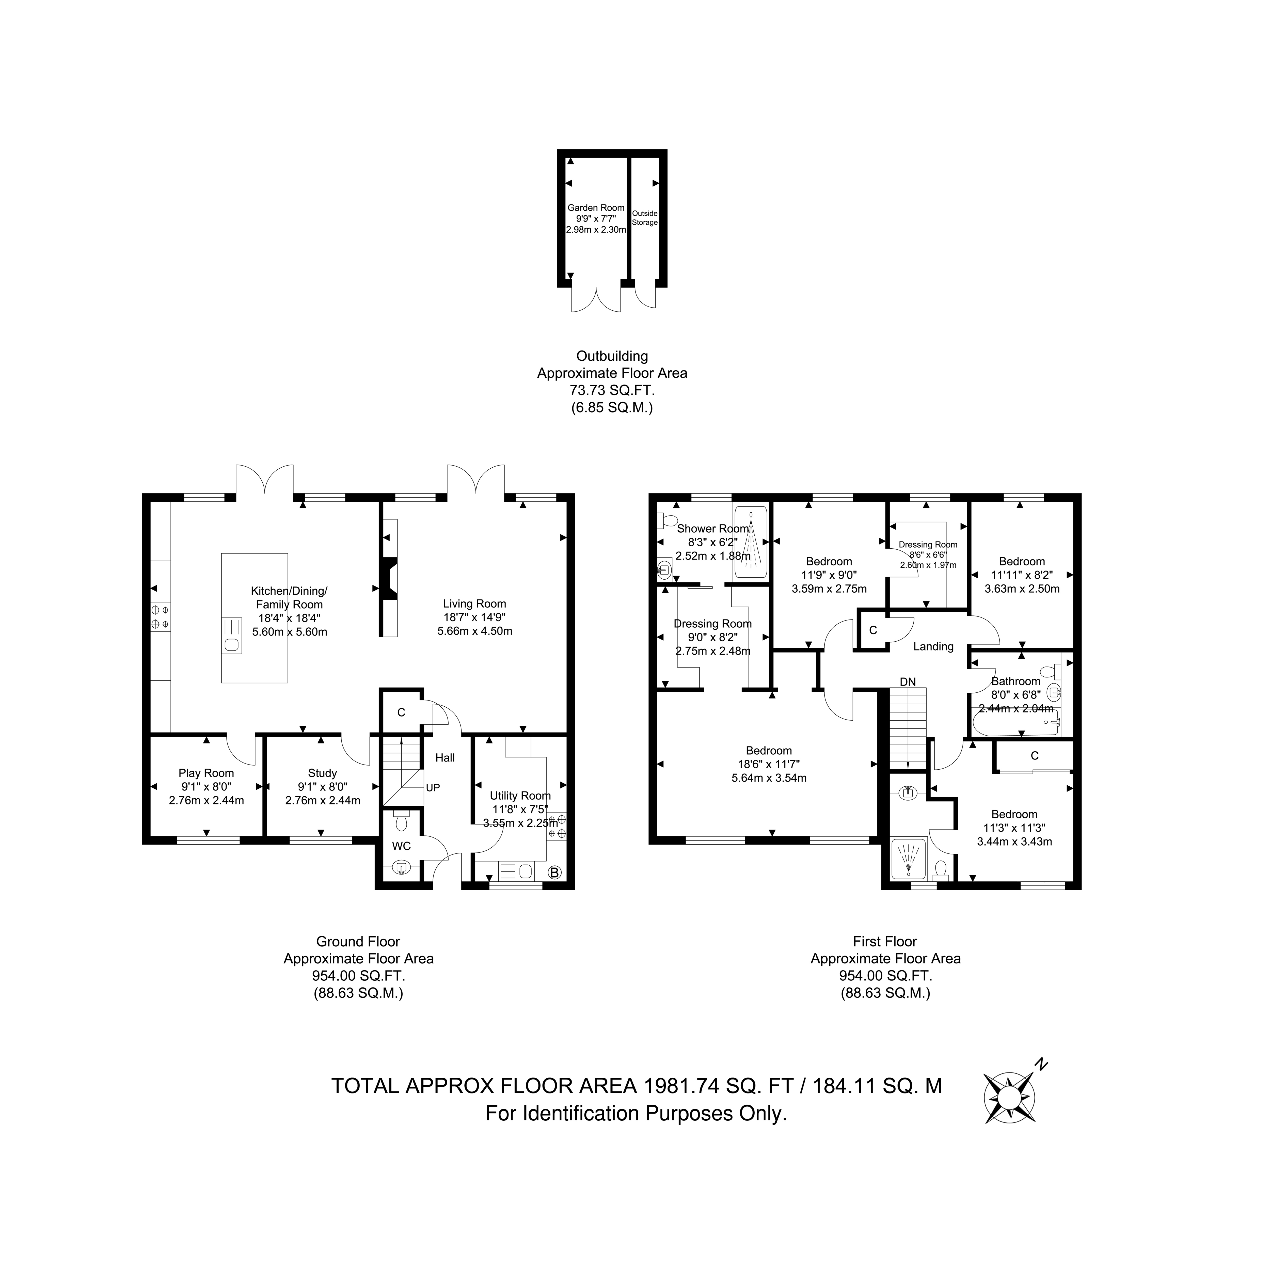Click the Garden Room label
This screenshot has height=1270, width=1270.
point(596,208)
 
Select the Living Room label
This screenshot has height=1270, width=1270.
point(475,604)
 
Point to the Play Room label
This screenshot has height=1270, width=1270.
point(207,773)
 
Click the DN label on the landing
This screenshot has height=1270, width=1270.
point(908,682)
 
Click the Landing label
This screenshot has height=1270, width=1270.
point(933,647)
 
